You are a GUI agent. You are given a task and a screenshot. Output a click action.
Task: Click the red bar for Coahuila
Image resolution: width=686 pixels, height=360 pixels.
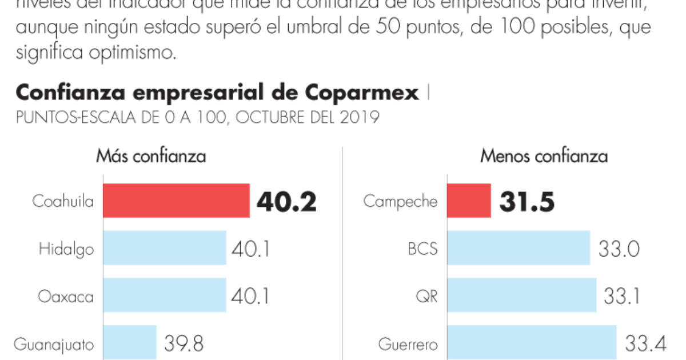tap(176, 201)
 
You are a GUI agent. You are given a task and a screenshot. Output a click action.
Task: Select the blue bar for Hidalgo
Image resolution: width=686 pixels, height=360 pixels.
tap(165, 248)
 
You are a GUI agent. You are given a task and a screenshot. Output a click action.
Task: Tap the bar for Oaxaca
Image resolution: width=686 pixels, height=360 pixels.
tap(165, 295)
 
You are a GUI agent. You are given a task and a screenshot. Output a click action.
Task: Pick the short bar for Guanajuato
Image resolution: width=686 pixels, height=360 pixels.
tap(130, 342)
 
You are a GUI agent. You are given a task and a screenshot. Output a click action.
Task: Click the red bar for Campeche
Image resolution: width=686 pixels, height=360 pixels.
tap(469, 201)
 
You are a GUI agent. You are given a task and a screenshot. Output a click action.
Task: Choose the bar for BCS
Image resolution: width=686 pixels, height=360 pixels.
tap(519, 248)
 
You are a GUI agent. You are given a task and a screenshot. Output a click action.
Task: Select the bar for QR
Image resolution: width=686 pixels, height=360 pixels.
tap(521, 295)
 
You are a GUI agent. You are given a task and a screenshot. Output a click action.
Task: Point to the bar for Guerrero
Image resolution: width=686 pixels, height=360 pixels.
tap(532, 343)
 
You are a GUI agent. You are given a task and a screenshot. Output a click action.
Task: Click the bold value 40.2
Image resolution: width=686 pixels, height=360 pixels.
tap(286, 201)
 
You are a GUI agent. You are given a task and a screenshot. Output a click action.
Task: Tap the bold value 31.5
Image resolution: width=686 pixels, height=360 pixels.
tap(527, 201)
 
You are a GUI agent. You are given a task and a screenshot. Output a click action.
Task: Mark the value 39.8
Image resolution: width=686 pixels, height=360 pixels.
tap(184, 343)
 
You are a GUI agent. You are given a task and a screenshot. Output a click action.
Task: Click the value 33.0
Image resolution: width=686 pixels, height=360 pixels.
tap(619, 249)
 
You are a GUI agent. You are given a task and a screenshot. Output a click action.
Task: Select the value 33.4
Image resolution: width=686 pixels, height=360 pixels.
tap(645, 343)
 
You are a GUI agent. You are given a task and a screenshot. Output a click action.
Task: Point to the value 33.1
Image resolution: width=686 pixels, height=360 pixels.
tap(622, 296)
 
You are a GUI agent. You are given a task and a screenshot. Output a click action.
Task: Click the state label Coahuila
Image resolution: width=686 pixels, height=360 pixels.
tap(63, 201)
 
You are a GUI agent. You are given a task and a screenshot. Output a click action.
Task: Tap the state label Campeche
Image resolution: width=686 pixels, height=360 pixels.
tap(400, 201)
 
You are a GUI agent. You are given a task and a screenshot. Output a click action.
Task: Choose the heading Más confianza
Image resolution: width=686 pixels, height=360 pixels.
tap(151, 157)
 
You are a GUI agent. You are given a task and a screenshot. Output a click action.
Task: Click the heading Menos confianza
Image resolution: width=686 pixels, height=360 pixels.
tap(544, 157)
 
